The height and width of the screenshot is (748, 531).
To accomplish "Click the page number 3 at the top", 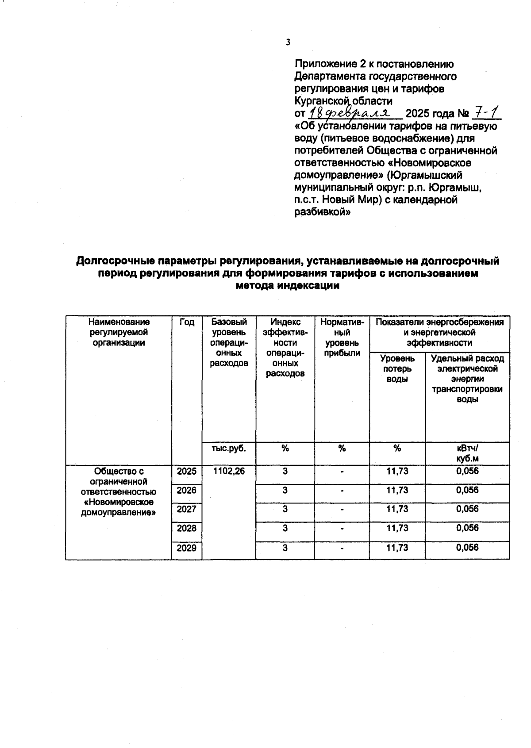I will [x=288, y=42].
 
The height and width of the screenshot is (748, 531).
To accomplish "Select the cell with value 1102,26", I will [x=228, y=471].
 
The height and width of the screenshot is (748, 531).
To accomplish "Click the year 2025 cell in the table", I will [x=186, y=472].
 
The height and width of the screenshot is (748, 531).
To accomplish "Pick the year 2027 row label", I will [x=186, y=509].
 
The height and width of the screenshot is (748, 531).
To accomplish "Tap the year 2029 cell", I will [x=186, y=548].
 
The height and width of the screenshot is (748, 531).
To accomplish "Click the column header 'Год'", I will [x=187, y=322].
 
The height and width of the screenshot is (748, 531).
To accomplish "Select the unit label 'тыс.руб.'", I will [x=228, y=448].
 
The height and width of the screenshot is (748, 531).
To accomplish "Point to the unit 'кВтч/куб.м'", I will [x=467, y=453].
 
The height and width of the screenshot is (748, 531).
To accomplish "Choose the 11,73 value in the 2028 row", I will [x=397, y=528].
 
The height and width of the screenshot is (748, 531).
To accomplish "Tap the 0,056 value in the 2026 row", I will [x=467, y=490].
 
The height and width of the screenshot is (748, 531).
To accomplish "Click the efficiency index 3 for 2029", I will [x=285, y=548].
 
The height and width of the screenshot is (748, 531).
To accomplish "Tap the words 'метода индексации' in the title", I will [x=288, y=286].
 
